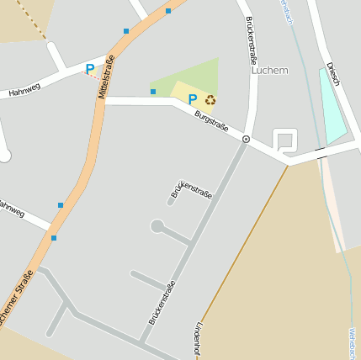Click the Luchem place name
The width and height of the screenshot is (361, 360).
click(x=269, y=71)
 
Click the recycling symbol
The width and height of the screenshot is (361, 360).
click(x=210, y=100)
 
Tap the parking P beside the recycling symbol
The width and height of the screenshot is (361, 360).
click(x=193, y=100)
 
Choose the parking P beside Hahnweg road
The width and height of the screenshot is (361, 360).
click(x=90, y=69)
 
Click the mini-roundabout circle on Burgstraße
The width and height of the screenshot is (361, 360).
click(x=246, y=139)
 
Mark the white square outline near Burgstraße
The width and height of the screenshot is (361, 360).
click(x=285, y=140)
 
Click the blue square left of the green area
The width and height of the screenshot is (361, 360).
click(x=153, y=92)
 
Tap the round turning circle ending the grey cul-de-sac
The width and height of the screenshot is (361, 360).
click(x=157, y=225)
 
